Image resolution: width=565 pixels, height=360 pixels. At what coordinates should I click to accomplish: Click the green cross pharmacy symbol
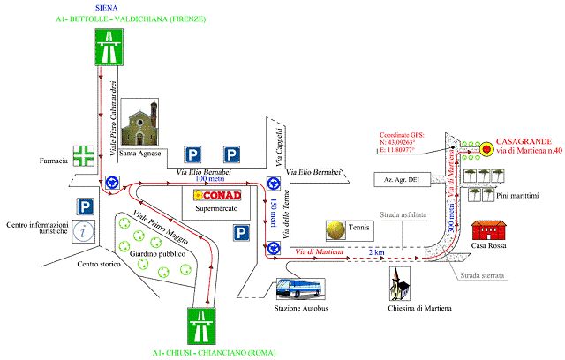(x=86, y=155)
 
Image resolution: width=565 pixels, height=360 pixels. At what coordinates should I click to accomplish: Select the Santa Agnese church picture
(x=140, y=127)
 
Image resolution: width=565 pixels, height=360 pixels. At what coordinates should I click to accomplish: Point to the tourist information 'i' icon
(x=85, y=233)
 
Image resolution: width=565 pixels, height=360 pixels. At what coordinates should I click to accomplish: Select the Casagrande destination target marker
(x=486, y=147)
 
